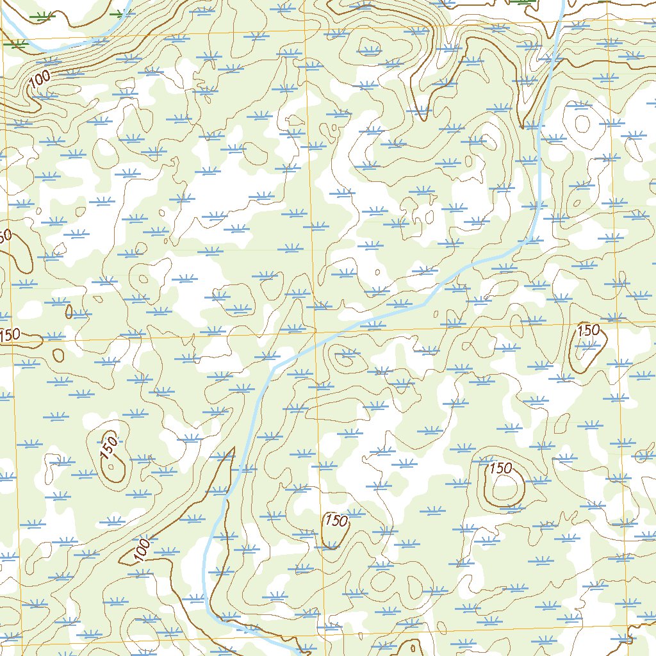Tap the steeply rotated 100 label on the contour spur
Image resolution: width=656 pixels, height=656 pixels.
click(143, 550)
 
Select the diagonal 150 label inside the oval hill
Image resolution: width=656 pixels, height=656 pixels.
click(110, 447)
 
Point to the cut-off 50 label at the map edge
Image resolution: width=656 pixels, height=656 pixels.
click(4, 236)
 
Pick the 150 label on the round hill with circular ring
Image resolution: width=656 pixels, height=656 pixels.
click(500, 468)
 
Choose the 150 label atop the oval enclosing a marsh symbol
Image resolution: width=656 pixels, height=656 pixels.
click(588, 331)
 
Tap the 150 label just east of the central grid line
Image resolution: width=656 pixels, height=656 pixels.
click(336, 520)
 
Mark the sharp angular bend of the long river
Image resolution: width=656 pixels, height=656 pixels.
click(275, 368)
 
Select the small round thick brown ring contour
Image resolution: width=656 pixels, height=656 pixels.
click(58, 354)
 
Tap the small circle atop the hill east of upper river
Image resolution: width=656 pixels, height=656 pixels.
click(582, 123)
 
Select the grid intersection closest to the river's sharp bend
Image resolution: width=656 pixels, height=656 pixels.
click(315, 333)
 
